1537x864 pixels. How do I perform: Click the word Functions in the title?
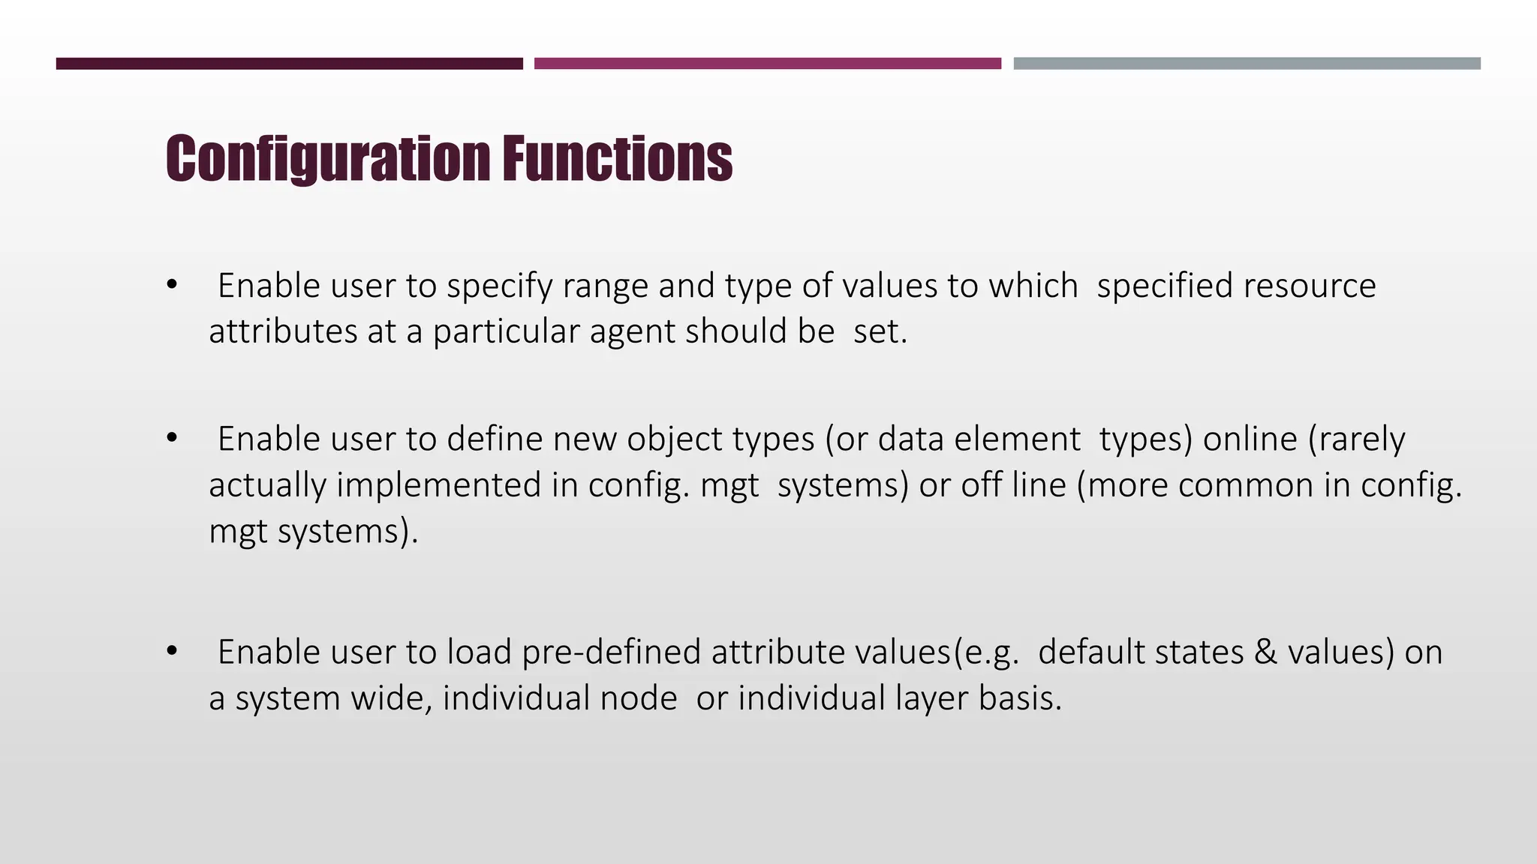(x=617, y=158)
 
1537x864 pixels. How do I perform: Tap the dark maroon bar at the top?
(x=289, y=64)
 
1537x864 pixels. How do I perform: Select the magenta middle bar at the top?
(x=767, y=64)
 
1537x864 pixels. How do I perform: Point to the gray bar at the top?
(x=1247, y=64)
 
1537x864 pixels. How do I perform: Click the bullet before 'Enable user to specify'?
(x=172, y=286)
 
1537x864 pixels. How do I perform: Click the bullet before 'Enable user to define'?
(x=172, y=439)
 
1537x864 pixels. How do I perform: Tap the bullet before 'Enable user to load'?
(x=172, y=652)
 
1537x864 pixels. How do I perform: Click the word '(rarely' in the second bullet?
(x=1357, y=440)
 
